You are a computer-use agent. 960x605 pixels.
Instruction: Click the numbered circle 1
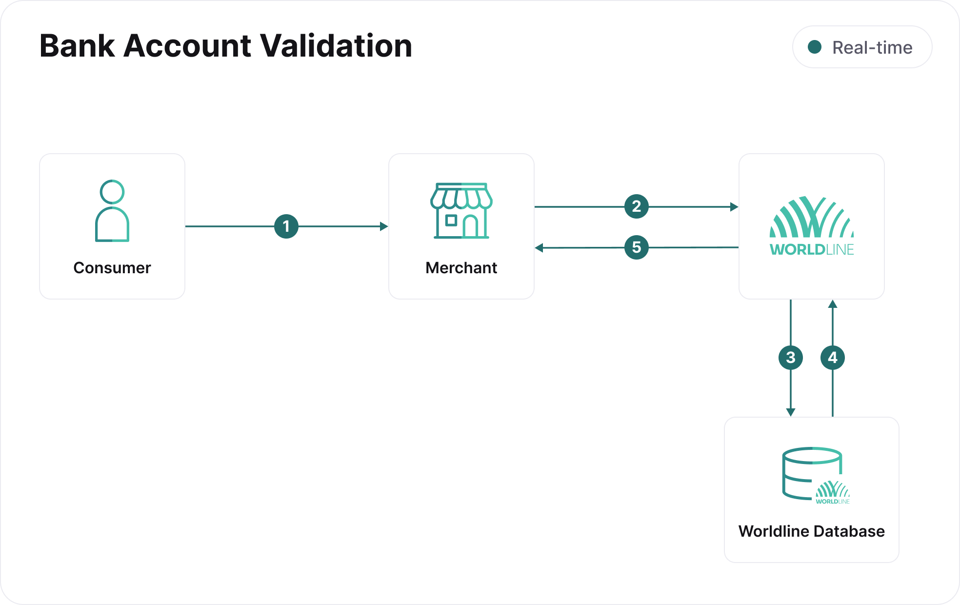tap(286, 226)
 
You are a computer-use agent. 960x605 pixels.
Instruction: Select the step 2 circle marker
tap(637, 206)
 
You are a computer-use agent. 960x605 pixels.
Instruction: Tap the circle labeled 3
tap(791, 358)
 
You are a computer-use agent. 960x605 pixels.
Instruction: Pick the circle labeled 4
tap(833, 358)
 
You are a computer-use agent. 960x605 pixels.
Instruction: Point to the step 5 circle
tap(637, 247)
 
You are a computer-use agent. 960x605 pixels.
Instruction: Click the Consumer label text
tap(112, 268)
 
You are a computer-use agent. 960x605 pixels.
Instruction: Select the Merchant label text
tap(461, 268)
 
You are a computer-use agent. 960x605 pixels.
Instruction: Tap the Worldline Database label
tap(812, 531)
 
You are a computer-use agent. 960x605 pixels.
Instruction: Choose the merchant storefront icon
tap(461, 211)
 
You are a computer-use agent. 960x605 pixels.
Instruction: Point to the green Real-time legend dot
tap(815, 47)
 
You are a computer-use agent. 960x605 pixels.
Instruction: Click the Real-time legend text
tap(872, 47)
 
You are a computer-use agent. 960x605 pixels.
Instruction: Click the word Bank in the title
tap(77, 46)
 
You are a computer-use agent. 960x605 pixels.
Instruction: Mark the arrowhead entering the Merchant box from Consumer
tap(384, 226)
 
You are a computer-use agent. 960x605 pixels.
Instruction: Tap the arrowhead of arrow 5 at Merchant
tap(539, 248)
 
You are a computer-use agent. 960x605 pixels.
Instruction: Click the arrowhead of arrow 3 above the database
tap(791, 412)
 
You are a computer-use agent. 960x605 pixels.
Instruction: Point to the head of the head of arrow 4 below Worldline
tap(833, 304)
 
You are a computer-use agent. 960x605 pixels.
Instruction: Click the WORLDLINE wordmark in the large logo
tap(812, 250)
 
